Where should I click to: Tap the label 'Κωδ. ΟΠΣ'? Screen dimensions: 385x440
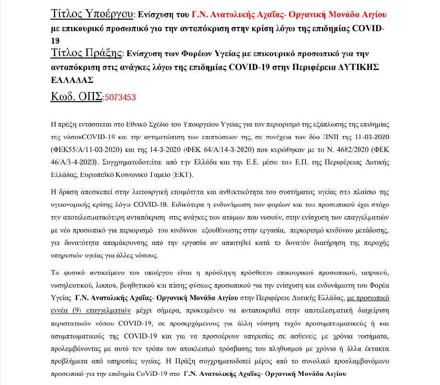(76, 96)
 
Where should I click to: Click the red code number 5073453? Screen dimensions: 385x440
(120, 97)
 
